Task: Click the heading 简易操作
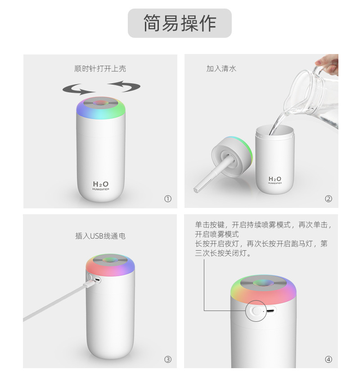(180, 23)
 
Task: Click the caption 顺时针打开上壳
(100, 68)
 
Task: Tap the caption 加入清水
(221, 68)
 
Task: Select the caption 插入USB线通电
(100, 235)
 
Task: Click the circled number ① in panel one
(168, 199)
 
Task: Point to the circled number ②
(328, 199)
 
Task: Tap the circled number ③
(168, 359)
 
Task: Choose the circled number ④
(328, 359)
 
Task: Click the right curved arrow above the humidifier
(124, 85)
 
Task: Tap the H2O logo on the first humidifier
(100, 184)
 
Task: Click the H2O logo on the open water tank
(274, 179)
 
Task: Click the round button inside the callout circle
(256, 311)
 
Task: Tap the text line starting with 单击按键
(263, 224)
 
